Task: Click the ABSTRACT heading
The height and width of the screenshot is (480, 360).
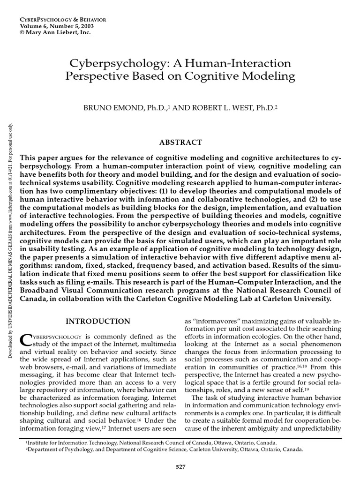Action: [180, 142]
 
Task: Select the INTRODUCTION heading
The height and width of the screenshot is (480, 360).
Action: [98, 321]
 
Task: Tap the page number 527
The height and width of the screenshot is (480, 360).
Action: [180, 466]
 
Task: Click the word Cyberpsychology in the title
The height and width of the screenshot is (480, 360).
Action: [109, 63]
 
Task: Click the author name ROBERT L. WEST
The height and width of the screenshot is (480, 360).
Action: [214, 108]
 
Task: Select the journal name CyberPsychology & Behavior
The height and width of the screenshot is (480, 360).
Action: [63, 19]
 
